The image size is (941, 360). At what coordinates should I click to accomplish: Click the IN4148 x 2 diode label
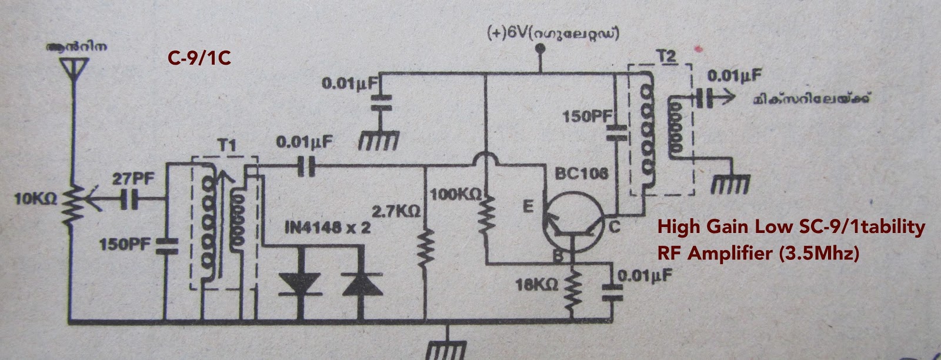(x=327, y=227)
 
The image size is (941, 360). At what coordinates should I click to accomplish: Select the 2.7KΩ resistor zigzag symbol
(x=425, y=247)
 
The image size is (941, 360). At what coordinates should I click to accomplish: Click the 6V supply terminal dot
(x=538, y=54)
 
